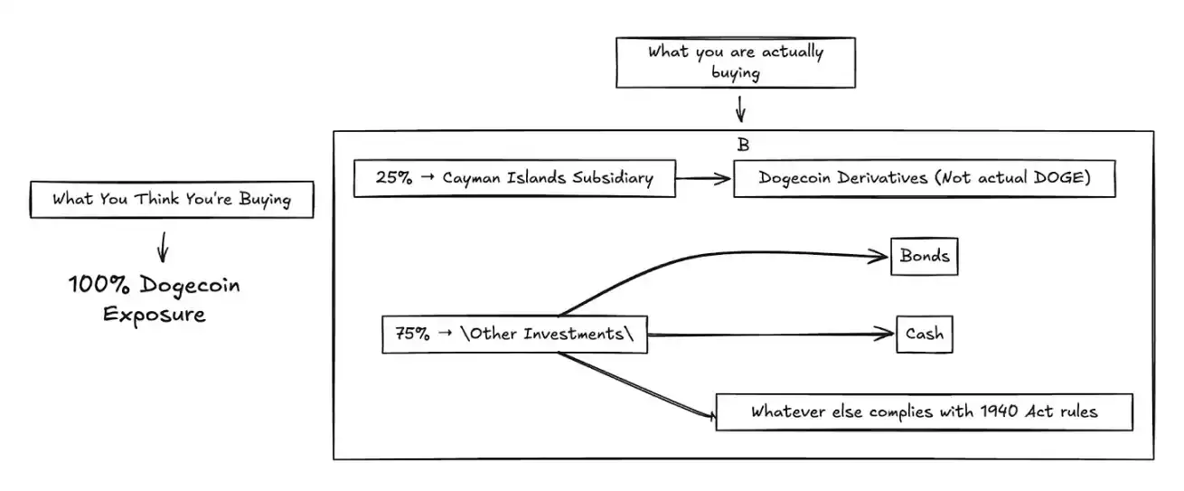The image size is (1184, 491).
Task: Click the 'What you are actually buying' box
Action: click(735, 62)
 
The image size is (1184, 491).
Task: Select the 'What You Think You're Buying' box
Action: click(172, 200)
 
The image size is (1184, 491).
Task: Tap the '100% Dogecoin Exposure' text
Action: click(154, 300)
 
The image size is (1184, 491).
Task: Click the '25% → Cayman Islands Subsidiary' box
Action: click(514, 178)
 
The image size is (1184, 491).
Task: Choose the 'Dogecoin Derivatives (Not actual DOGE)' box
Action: click(924, 179)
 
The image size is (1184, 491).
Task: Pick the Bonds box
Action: click(924, 256)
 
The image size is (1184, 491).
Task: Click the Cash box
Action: click(925, 335)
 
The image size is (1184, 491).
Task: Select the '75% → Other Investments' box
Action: click(514, 334)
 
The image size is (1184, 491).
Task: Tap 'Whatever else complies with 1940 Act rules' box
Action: click(924, 411)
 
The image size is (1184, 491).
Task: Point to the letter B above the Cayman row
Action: click(743, 145)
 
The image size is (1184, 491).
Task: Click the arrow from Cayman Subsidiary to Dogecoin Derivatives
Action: click(703, 179)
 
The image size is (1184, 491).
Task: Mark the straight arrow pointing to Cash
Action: click(768, 335)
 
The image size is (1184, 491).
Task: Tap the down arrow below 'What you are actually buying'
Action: click(740, 109)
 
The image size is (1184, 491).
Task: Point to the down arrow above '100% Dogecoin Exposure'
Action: click(163, 246)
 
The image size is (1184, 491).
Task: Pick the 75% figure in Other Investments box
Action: click(412, 334)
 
